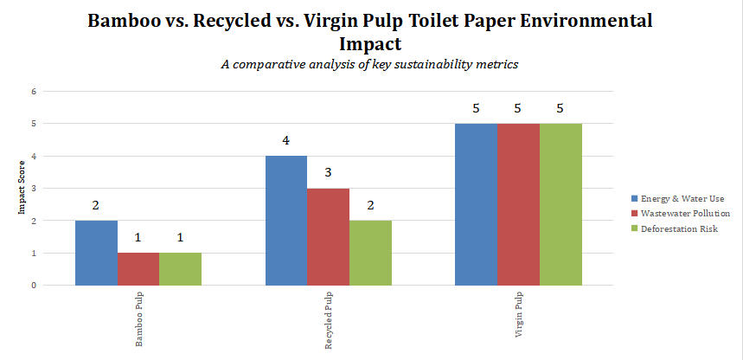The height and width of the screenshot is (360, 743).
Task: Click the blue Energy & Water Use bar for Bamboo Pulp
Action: point(96,253)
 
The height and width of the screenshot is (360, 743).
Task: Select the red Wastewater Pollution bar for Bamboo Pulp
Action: point(138,269)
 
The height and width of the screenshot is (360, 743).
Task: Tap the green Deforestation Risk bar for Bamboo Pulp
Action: point(180,269)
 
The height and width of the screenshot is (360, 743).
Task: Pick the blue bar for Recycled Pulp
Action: point(285,221)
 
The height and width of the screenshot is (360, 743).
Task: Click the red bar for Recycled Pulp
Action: point(328,236)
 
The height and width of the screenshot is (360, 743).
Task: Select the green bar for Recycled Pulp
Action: point(370,253)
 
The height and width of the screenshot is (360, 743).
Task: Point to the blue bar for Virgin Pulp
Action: point(476,204)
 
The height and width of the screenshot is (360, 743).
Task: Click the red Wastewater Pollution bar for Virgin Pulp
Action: point(518,204)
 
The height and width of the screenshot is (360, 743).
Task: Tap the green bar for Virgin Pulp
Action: point(560,204)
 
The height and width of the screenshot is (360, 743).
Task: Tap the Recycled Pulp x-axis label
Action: point(329,321)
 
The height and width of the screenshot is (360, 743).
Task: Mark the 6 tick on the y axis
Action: point(34,92)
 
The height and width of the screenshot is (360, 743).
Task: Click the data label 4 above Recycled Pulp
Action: point(285,141)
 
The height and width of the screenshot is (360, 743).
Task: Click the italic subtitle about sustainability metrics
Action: point(371,63)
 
